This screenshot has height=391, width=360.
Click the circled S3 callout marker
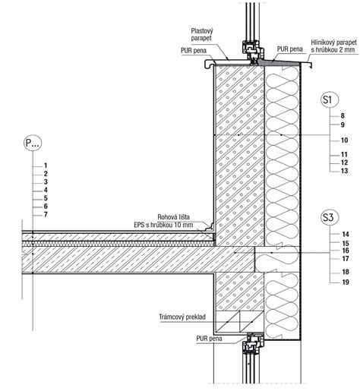point(330,217)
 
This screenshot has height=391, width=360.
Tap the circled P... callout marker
point(33,143)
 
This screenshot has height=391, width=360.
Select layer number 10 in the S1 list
point(344,140)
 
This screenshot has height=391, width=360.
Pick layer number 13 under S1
point(344,171)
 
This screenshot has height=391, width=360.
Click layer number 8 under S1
point(343,115)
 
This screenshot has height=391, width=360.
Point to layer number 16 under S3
point(346,251)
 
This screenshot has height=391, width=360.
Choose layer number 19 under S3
point(346,282)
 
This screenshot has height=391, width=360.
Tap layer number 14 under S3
point(346,234)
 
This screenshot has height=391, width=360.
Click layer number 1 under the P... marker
point(46,166)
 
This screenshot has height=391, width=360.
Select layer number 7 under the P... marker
point(46,215)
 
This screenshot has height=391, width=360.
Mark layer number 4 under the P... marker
point(46,190)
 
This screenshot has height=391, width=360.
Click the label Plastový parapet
point(202,35)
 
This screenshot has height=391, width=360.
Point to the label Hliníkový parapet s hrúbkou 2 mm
point(334,46)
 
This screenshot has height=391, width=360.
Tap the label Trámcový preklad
point(182,317)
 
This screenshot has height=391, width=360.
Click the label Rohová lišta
point(173,217)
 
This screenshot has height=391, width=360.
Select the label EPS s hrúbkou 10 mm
point(163,225)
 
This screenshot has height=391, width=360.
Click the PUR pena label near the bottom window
point(209,339)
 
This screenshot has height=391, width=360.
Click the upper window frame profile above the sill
point(253,52)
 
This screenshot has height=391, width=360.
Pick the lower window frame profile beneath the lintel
point(253,343)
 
